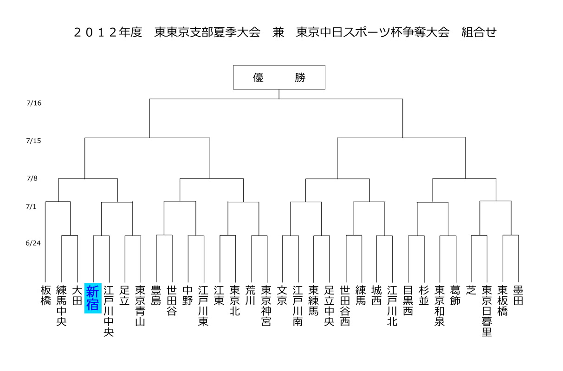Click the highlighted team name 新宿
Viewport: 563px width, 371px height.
pyautogui.click(x=93, y=298)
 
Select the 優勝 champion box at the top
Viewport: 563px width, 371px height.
pyautogui.click(x=279, y=77)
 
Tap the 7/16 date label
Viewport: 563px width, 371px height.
pyautogui.click(x=34, y=103)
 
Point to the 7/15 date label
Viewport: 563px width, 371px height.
pyautogui.click(x=33, y=141)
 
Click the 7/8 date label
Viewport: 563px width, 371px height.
pyautogui.click(x=32, y=179)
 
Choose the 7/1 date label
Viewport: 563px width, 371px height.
pyautogui.click(x=31, y=207)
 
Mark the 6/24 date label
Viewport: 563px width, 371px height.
pyautogui.click(x=33, y=243)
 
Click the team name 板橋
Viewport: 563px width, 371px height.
pyautogui.click(x=46, y=295)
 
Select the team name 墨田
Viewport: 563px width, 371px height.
pyautogui.click(x=518, y=295)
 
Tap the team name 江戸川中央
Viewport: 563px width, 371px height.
pyautogui.click(x=109, y=311)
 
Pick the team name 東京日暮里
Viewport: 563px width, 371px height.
pyautogui.click(x=487, y=311)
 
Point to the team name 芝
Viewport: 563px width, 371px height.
pyautogui.click(x=471, y=290)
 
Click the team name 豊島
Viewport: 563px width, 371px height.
pyautogui.click(x=156, y=295)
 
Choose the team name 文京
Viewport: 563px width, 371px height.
pyautogui.click(x=282, y=295)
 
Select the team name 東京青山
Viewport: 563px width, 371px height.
pyautogui.click(x=140, y=306)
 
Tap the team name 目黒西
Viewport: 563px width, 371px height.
pyautogui.click(x=408, y=301)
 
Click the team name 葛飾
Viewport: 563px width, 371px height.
pyautogui.click(x=455, y=295)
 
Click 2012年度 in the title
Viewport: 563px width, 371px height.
pyautogui.click(x=108, y=32)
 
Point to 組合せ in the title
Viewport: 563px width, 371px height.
pyautogui.click(x=479, y=32)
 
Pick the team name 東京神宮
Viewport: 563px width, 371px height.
pyautogui.click(x=266, y=306)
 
